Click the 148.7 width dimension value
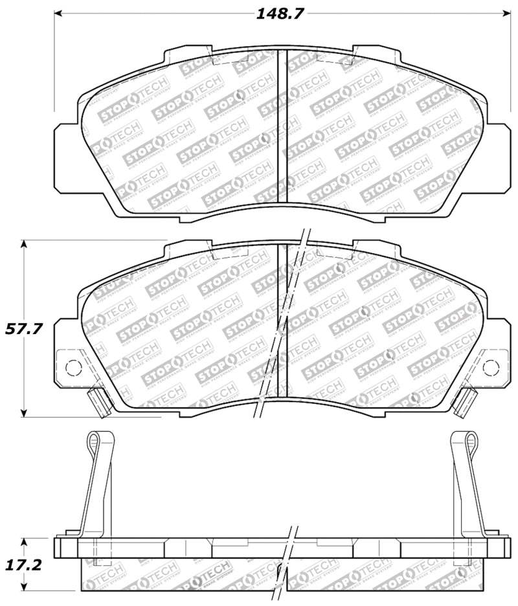pyautogui.click(x=280, y=14)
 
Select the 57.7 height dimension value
pyautogui.click(x=24, y=328)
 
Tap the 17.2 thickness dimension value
pyautogui.click(x=24, y=565)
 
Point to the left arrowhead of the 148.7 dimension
pyautogui.click(x=57, y=13)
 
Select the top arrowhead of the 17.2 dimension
pyautogui.click(x=25, y=541)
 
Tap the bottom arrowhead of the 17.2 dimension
pyautogui.click(x=25, y=589)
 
